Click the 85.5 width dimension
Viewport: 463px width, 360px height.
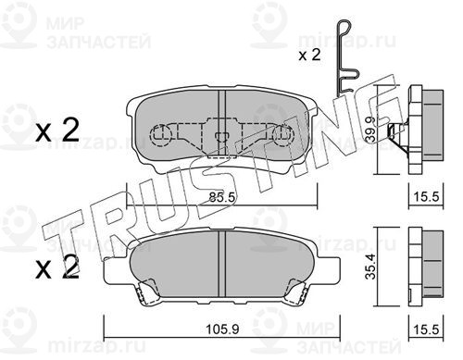(x=222, y=197)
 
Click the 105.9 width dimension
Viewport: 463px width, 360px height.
(x=222, y=329)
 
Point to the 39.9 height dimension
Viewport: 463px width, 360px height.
(x=370, y=130)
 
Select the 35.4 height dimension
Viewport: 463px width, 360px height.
(x=370, y=267)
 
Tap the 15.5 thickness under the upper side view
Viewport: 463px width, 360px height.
(x=426, y=197)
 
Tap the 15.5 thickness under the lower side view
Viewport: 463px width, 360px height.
(x=426, y=329)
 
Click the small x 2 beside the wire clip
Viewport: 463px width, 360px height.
(x=309, y=56)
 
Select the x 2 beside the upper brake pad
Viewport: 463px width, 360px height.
(x=57, y=132)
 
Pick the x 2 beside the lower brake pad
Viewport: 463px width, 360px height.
(x=57, y=267)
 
